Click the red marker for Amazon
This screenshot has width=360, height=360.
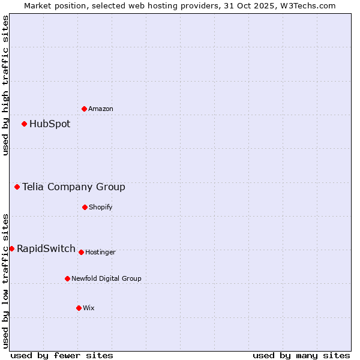(84, 109)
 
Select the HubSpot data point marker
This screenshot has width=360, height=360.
(24, 124)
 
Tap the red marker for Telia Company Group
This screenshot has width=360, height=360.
(17, 187)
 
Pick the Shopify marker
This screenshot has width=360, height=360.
(85, 207)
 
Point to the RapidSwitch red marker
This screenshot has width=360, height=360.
(11, 248)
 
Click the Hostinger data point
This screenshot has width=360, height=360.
(81, 252)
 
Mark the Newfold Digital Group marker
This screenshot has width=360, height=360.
(67, 278)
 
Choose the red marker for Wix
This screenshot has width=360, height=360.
(79, 308)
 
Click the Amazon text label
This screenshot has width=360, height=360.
(101, 109)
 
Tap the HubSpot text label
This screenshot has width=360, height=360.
(50, 124)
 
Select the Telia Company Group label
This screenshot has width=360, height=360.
(74, 187)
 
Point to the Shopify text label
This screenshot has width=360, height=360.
(101, 207)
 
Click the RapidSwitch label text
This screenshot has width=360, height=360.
(46, 248)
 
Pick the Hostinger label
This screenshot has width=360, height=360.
(100, 252)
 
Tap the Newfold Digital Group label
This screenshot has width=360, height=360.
(107, 278)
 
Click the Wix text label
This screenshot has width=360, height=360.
(89, 308)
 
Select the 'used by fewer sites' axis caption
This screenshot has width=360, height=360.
(62, 355)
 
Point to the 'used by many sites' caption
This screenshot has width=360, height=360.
(301, 355)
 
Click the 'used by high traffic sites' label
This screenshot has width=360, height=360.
(5, 85)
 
